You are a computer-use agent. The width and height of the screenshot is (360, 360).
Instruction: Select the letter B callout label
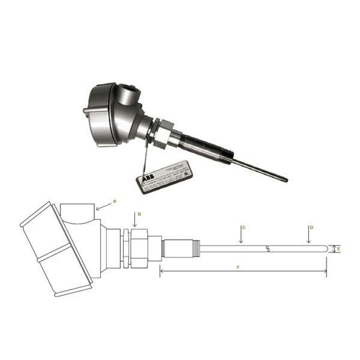tap(139, 214)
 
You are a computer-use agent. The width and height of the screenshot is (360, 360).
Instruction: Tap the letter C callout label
tap(244, 227)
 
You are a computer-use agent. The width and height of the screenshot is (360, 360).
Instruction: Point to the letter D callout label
tap(311, 227)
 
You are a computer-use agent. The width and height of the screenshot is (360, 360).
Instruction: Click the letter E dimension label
tap(339, 248)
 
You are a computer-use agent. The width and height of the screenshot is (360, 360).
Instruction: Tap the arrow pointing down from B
tap(134, 221)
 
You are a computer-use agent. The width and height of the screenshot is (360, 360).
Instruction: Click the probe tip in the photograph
tap(284, 179)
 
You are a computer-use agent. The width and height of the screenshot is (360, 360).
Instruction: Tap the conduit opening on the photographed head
tap(128, 95)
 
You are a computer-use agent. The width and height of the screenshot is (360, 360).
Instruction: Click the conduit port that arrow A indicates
tap(79, 212)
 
